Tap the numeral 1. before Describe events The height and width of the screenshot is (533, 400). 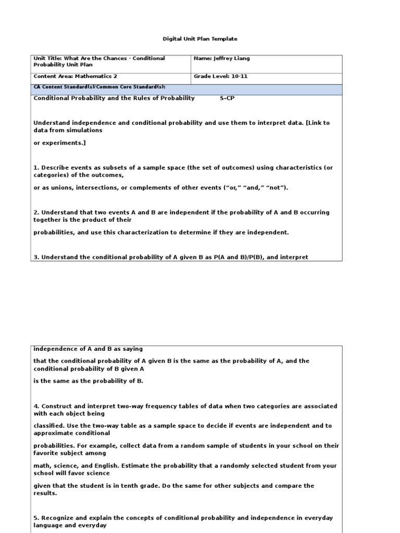point(36,168)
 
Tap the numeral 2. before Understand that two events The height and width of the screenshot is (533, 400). point(36,212)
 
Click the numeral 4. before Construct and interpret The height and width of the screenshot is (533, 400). point(36,406)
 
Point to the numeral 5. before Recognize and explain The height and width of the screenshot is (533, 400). point(36,518)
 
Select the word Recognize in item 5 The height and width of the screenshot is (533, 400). point(57,518)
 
